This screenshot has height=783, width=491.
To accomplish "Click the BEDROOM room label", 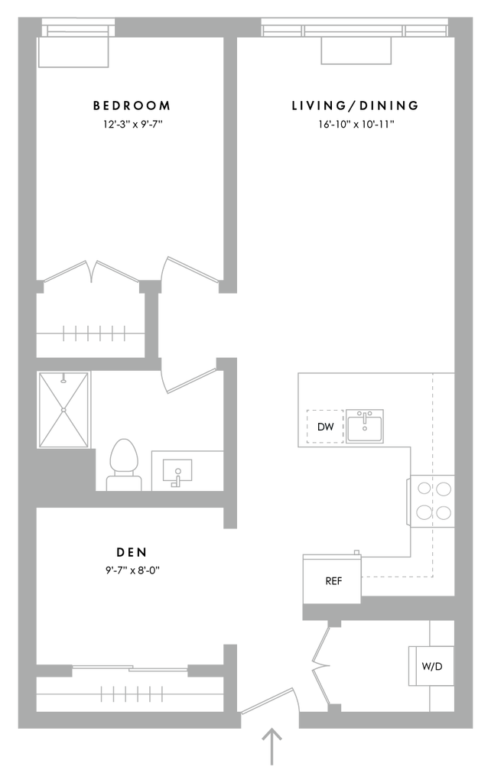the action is click(132, 106).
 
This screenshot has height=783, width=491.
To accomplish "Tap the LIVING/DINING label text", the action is click(355, 106).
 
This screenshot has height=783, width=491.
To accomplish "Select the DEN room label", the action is click(132, 552).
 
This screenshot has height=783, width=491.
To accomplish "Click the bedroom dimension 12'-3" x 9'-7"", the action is click(133, 124).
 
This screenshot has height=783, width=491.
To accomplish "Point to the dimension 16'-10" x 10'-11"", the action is click(356, 124).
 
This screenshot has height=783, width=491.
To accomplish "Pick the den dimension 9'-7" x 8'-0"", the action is click(132, 570).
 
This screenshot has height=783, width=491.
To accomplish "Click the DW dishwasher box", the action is click(325, 427).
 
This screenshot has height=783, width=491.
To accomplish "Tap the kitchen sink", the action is click(365, 427).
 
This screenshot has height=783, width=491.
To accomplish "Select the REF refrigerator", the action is click(332, 580).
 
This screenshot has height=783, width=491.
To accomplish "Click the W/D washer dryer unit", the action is click(431, 666).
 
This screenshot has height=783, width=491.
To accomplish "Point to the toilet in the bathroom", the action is click(124, 464).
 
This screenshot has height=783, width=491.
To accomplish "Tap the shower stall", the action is click(64, 410).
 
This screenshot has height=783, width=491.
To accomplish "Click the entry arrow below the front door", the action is click(272, 746).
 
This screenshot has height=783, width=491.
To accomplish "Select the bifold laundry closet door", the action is click(321, 665).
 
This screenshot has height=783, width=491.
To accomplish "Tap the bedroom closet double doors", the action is click(91, 272).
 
